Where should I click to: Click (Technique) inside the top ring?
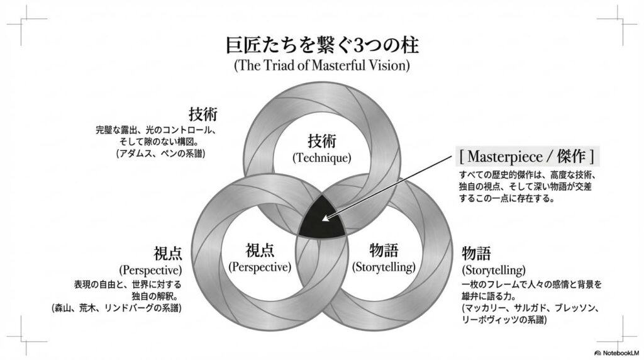coord(321,158)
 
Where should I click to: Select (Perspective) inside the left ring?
coord(260,266)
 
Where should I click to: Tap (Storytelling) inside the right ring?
coord(384,266)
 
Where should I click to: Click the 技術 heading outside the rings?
coord(203,115)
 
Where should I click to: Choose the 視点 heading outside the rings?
coord(168,254)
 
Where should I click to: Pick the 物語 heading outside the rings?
coord(476,254)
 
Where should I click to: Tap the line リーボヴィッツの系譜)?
coord(504,320)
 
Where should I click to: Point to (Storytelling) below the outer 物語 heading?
coord(494,271)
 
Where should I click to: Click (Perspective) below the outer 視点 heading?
coord(150,271)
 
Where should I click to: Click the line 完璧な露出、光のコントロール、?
coord(156,130)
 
